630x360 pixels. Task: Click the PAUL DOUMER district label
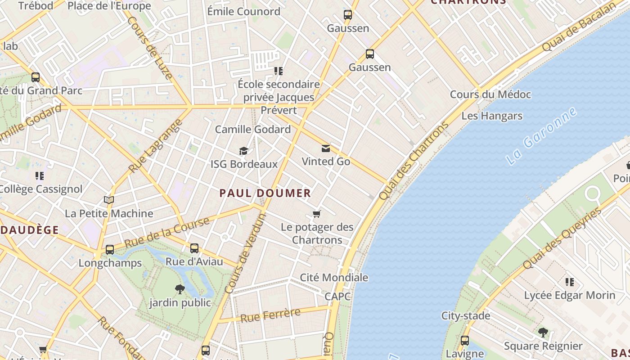coord(265,193)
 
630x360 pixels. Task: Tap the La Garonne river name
coord(541,135)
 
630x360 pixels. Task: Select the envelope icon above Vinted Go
coord(326,149)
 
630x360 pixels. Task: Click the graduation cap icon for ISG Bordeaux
coord(243,151)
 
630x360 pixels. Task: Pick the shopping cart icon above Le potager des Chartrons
coord(317,214)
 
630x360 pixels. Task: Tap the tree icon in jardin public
coord(180,289)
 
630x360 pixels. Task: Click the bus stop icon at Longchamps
coord(110,250)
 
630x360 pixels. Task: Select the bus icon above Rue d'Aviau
coord(194,248)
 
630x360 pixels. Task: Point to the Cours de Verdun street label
coord(246,253)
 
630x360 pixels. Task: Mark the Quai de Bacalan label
coord(579,27)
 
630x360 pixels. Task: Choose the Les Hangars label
coord(492,116)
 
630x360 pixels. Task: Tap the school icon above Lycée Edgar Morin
coord(570,283)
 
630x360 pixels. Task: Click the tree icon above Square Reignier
coord(543,333)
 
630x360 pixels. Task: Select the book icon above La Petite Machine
coord(109,200)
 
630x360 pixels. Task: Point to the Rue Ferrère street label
coord(270,315)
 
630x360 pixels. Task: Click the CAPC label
coord(337,296)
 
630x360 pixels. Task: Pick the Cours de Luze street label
coord(150,48)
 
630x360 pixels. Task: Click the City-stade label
coord(466,316)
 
